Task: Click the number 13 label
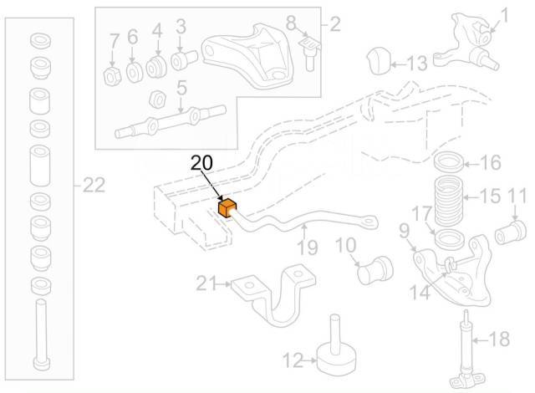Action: pyautogui.click(x=416, y=62)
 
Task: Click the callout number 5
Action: pyautogui.click(x=181, y=86)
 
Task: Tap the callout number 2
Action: pyautogui.click(x=334, y=24)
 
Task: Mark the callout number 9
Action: pyautogui.click(x=404, y=229)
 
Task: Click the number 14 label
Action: pyautogui.click(x=419, y=293)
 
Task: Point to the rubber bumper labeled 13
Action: pyautogui.click(x=380, y=61)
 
